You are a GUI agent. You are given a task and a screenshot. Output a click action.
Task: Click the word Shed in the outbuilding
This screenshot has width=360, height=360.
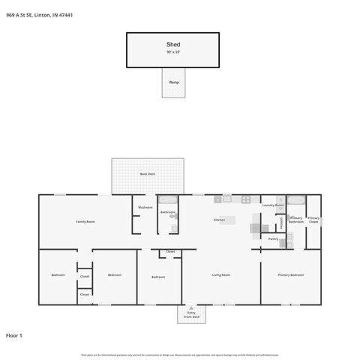coord(173,45)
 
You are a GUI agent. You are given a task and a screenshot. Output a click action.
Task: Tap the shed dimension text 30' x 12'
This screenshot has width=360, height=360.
coord(173,52)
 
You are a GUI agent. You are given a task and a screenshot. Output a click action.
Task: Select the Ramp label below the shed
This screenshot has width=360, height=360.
coord(173,82)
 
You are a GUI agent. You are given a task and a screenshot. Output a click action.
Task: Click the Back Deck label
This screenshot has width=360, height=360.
coord(147,174)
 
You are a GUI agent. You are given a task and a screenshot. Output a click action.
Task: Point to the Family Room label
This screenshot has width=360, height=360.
coord(85,221)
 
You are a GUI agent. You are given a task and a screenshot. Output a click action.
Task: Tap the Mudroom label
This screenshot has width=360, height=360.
coord(145,207)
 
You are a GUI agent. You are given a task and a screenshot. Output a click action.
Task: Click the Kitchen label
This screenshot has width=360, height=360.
coord(220,220)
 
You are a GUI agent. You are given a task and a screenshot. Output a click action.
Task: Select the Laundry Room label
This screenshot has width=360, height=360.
coord(272,205)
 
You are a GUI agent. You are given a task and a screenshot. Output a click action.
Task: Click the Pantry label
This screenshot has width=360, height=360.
coord(273,238)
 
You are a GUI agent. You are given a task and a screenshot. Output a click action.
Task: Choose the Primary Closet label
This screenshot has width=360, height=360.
coord(313,220)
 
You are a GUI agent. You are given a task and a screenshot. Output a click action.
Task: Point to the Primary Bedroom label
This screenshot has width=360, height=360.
coord(291,275)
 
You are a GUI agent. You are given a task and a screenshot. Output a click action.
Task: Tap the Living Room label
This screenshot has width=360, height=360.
coord(220,275)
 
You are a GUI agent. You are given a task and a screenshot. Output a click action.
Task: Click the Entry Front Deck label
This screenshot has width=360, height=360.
coord(191,315)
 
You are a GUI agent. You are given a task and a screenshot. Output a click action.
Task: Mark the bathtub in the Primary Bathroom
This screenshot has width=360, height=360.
coord(296,199)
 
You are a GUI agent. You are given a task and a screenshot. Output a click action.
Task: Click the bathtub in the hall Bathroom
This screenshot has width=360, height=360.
coord(167,200)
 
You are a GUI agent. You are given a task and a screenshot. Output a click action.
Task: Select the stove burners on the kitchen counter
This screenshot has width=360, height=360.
coord(245,199)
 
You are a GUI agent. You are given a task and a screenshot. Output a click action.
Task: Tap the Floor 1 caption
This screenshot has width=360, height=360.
coord(14,335)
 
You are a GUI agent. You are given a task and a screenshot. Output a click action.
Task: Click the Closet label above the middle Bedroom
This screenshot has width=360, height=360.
coord(170,251)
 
